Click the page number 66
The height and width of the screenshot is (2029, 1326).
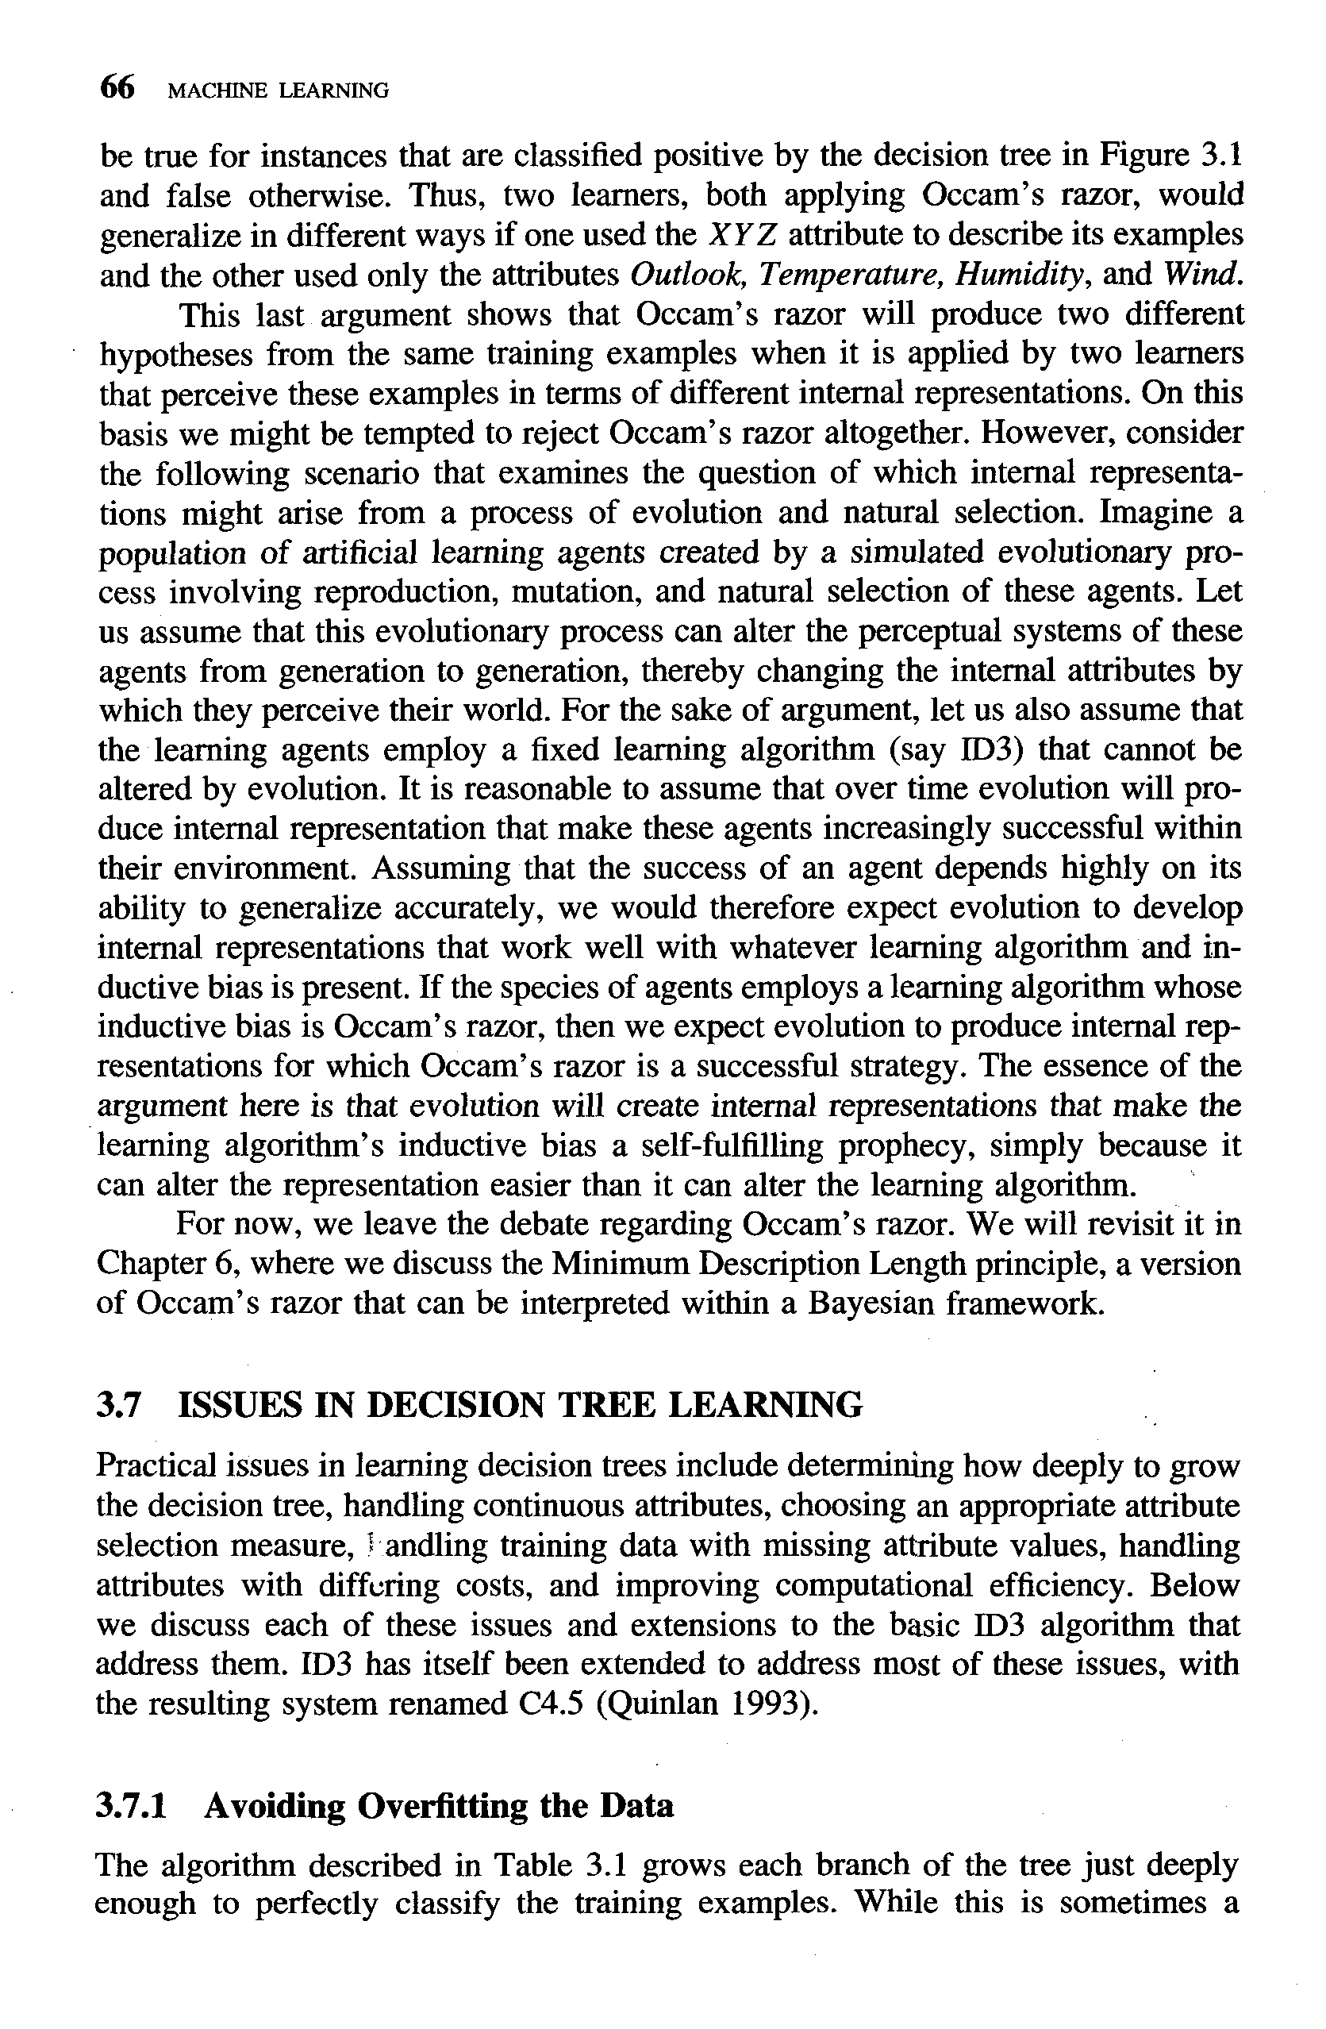coord(117,88)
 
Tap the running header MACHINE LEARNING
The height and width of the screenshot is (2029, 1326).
coord(278,90)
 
